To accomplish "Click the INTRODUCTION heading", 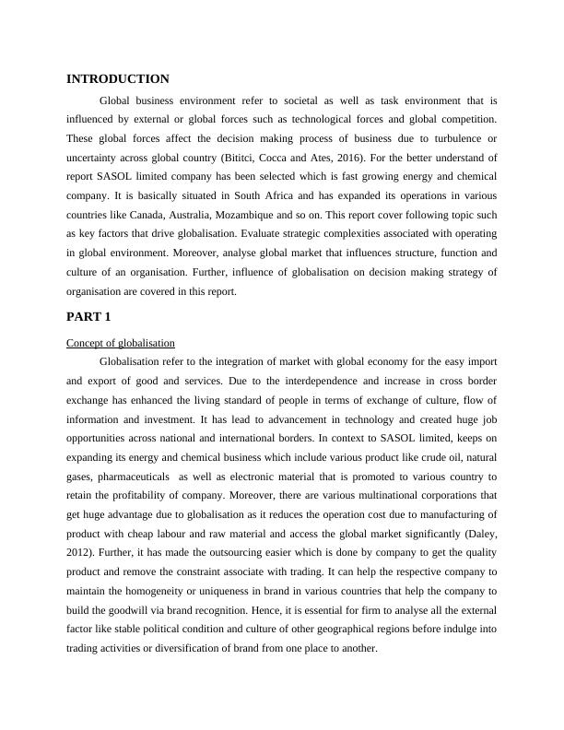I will (x=118, y=79).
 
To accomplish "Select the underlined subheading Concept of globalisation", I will (x=121, y=343).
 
